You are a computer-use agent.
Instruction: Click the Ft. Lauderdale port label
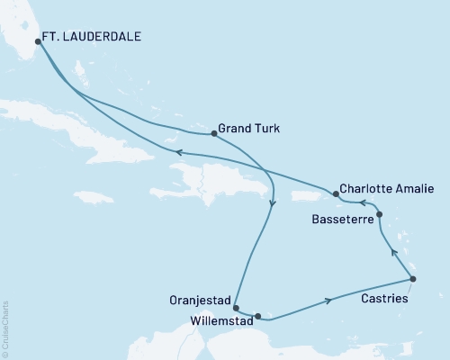click(x=94, y=40)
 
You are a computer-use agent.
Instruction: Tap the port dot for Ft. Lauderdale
click(x=38, y=40)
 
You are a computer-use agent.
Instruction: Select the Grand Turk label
click(x=248, y=129)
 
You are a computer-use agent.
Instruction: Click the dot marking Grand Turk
click(x=213, y=133)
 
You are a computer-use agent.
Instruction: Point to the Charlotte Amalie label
click(x=389, y=190)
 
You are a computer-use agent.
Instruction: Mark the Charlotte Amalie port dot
click(x=336, y=193)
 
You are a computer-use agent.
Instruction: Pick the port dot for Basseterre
click(x=379, y=214)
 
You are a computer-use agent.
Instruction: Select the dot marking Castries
click(x=413, y=279)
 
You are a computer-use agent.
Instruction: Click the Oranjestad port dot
click(x=235, y=308)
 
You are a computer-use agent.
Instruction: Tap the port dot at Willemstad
click(x=258, y=316)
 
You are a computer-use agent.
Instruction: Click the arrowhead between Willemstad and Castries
click(x=328, y=300)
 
